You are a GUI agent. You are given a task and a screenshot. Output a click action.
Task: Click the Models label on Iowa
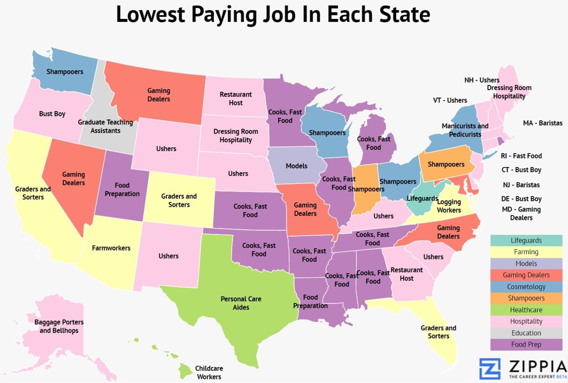pyautogui.click(x=297, y=166)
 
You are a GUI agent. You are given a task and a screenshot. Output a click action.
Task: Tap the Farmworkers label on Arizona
pyautogui.click(x=111, y=248)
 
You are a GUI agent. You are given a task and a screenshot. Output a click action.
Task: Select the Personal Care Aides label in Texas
pyautogui.click(x=241, y=303)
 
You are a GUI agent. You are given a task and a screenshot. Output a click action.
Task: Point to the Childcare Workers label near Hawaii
pyautogui.click(x=209, y=373)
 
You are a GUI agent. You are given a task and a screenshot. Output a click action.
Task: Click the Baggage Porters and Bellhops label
pyautogui.click(x=59, y=326)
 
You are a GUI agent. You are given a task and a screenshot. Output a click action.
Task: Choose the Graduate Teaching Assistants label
pyautogui.click(x=105, y=126)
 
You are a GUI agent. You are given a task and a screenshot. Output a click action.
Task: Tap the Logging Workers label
pyautogui.click(x=449, y=206)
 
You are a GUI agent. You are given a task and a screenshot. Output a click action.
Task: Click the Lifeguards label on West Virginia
pyautogui.click(x=422, y=198)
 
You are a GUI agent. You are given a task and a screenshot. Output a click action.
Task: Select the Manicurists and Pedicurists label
pyautogui.click(x=465, y=130)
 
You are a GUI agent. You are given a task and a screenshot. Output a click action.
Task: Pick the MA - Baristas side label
pyautogui.click(x=543, y=123)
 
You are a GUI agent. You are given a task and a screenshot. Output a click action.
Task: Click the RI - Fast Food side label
pyautogui.click(x=521, y=156)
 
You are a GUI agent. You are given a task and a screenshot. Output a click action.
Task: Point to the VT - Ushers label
pyautogui.click(x=450, y=100)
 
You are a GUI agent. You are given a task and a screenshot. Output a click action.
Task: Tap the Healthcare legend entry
pyautogui.click(x=526, y=310)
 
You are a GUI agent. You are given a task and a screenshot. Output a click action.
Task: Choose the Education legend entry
pyautogui.click(x=526, y=333)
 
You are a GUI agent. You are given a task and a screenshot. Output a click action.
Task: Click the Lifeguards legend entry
pyautogui.click(x=526, y=240)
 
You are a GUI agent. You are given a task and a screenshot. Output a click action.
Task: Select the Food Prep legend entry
pyautogui.click(x=526, y=344)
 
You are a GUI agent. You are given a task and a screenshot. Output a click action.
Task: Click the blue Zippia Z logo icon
pyautogui.click(x=490, y=368)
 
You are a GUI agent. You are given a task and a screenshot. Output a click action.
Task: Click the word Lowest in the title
pyautogui.click(x=151, y=14)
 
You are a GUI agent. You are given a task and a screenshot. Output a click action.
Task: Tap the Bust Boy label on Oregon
pyautogui.click(x=52, y=114)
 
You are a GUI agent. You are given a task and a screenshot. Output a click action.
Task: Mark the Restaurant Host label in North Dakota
pyautogui.click(x=236, y=99)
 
